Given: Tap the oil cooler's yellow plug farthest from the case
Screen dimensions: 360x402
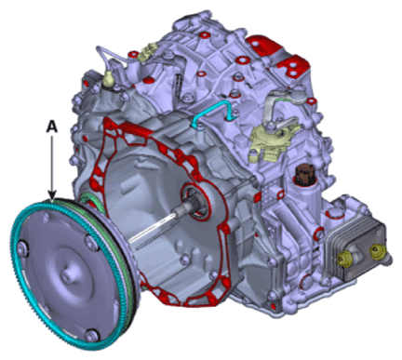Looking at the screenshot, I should tap(377, 250).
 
